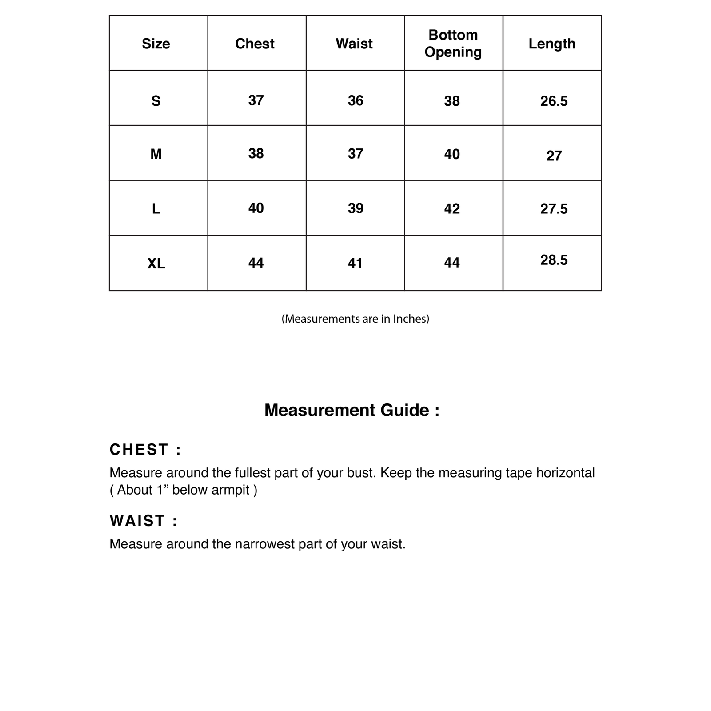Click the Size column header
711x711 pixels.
(x=156, y=44)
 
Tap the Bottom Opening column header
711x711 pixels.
(x=453, y=43)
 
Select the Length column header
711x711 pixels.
(x=552, y=44)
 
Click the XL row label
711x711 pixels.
(x=156, y=264)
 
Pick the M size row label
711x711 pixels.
(x=156, y=154)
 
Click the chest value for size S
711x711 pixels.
(x=256, y=100)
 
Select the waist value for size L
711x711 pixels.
(x=355, y=208)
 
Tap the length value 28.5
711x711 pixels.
(x=554, y=260)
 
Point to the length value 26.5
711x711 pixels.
(x=554, y=101)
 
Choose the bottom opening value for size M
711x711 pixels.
(x=452, y=154)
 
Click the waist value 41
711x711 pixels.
(x=355, y=264)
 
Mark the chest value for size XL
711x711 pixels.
(x=256, y=263)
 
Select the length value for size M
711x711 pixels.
(x=554, y=156)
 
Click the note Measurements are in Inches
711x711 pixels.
(x=355, y=319)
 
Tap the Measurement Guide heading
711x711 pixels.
(x=352, y=410)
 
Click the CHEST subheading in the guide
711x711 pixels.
(x=145, y=450)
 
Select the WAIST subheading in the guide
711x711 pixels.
(x=143, y=521)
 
